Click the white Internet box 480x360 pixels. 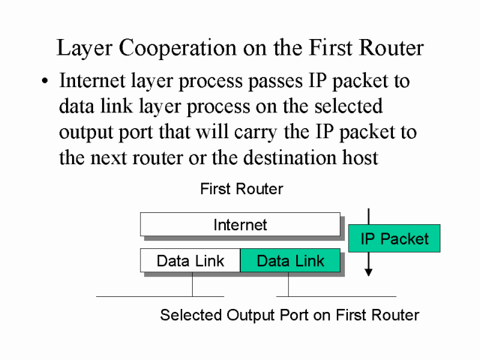(240, 224)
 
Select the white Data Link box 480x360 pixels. (190, 261)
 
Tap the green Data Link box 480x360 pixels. (290, 261)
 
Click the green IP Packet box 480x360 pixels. (394, 238)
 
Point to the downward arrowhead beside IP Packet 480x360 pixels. (367, 271)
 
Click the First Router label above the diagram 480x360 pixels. (241, 189)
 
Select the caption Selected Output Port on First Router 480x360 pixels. (289, 315)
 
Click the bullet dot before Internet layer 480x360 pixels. (46, 81)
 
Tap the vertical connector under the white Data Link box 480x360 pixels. (193, 285)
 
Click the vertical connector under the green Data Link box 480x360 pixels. (287, 285)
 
